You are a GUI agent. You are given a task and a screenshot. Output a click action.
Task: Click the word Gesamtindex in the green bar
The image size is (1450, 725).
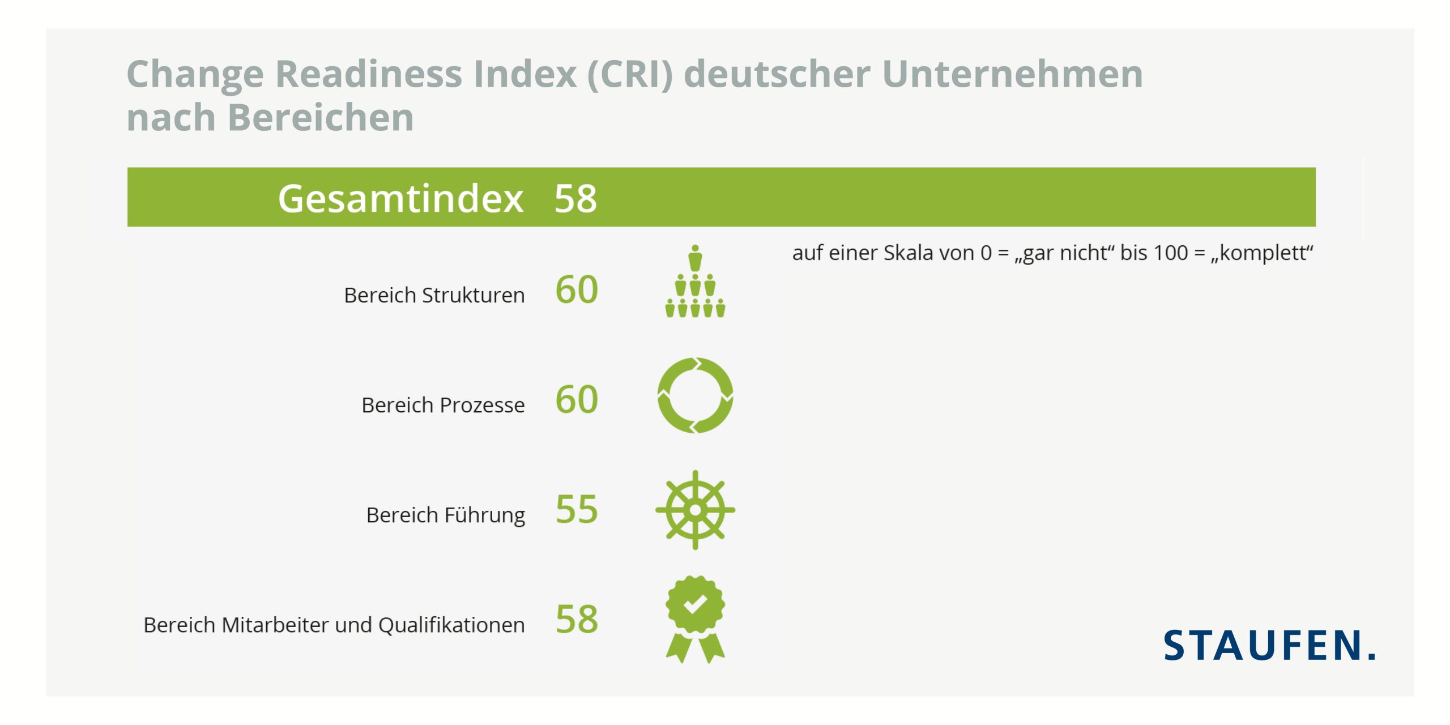(x=400, y=199)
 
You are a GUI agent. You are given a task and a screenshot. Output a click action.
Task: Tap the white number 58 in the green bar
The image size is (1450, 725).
(x=575, y=199)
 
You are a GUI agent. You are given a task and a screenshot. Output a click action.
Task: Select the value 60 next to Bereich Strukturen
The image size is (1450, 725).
(x=577, y=290)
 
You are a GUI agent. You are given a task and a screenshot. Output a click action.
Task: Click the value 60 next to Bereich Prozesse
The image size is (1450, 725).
(x=577, y=400)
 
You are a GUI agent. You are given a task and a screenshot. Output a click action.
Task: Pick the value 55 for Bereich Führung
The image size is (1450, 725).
(x=577, y=509)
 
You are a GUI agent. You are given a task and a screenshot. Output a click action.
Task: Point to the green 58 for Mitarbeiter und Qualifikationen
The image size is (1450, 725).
(x=577, y=619)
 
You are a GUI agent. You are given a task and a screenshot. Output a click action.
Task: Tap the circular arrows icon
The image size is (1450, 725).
(x=695, y=395)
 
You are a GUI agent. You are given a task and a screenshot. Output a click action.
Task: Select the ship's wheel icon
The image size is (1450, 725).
(x=695, y=510)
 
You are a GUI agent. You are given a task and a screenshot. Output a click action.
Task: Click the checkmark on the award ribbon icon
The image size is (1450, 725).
(x=695, y=604)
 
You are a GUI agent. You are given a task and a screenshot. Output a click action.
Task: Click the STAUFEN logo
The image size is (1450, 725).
(x=1269, y=645)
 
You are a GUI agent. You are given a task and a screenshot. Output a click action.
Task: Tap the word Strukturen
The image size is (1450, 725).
(x=473, y=295)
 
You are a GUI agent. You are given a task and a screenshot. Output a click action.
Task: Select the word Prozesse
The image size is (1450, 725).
(x=482, y=405)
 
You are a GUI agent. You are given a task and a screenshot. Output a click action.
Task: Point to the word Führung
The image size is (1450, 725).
(x=485, y=515)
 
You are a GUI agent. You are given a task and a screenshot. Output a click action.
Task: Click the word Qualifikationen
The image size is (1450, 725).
(x=451, y=625)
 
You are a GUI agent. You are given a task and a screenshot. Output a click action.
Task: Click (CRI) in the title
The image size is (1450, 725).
(x=630, y=74)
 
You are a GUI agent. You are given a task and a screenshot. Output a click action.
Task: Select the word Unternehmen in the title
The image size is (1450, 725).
(x=1012, y=74)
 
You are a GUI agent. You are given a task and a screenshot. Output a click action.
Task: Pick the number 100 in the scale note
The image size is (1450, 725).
(x=1170, y=253)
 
